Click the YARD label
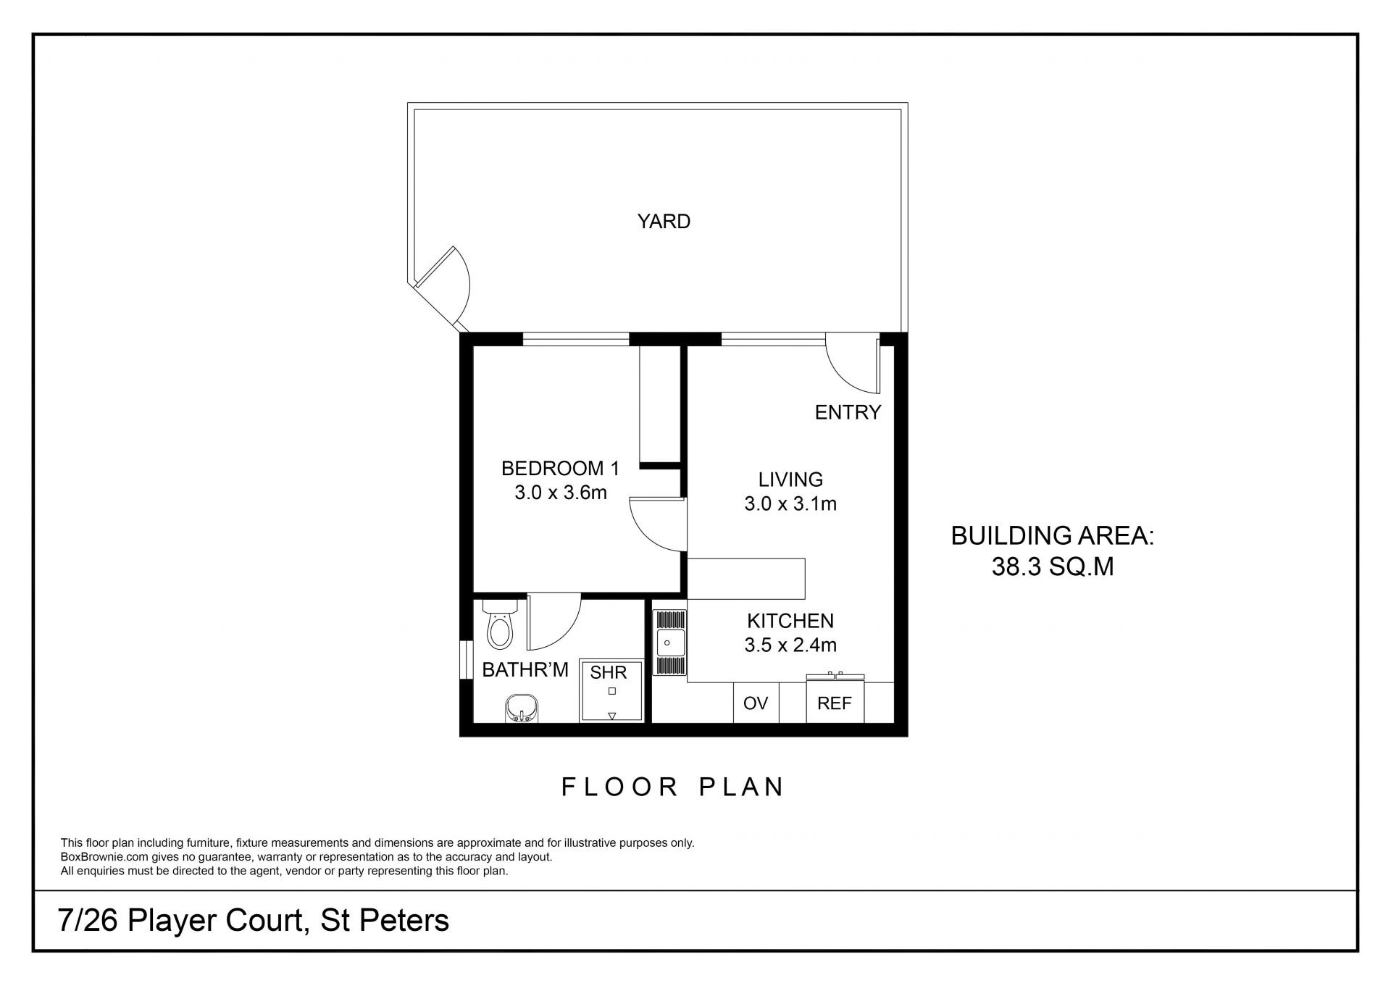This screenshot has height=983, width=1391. point(664,222)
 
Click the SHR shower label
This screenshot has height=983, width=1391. point(608,673)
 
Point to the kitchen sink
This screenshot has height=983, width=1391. point(670,643)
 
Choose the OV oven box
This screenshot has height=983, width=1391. point(756,703)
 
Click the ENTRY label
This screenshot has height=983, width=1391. point(848,412)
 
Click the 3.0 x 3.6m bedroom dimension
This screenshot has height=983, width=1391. point(561,493)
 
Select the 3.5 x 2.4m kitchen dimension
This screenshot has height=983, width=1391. point(790,645)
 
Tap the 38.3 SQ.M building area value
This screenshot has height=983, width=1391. point(1053,566)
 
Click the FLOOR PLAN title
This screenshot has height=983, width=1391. point(673,787)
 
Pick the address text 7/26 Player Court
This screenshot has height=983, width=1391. point(179,921)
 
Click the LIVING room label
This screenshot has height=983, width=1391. point(790,480)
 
